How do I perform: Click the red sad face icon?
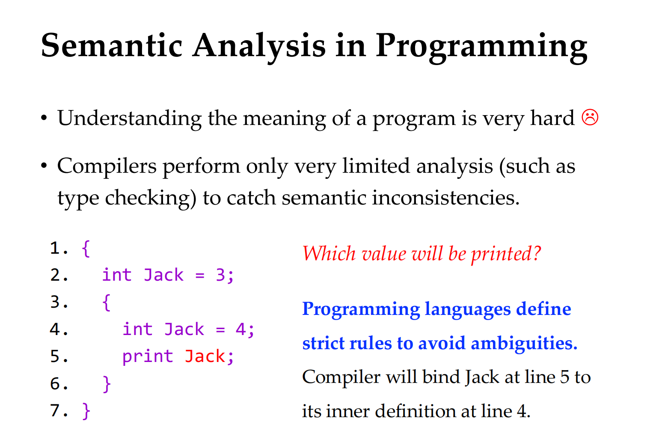(x=590, y=117)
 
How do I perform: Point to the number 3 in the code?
(x=220, y=275)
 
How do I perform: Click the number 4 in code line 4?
(x=240, y=329)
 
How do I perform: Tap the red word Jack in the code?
(x=205, y=356)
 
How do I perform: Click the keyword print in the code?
(x=148, y=357)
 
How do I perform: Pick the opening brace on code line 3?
(x=106, y=303)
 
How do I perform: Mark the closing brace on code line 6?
(x=107, y=384)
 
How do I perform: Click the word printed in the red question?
(x=505, y=254)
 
